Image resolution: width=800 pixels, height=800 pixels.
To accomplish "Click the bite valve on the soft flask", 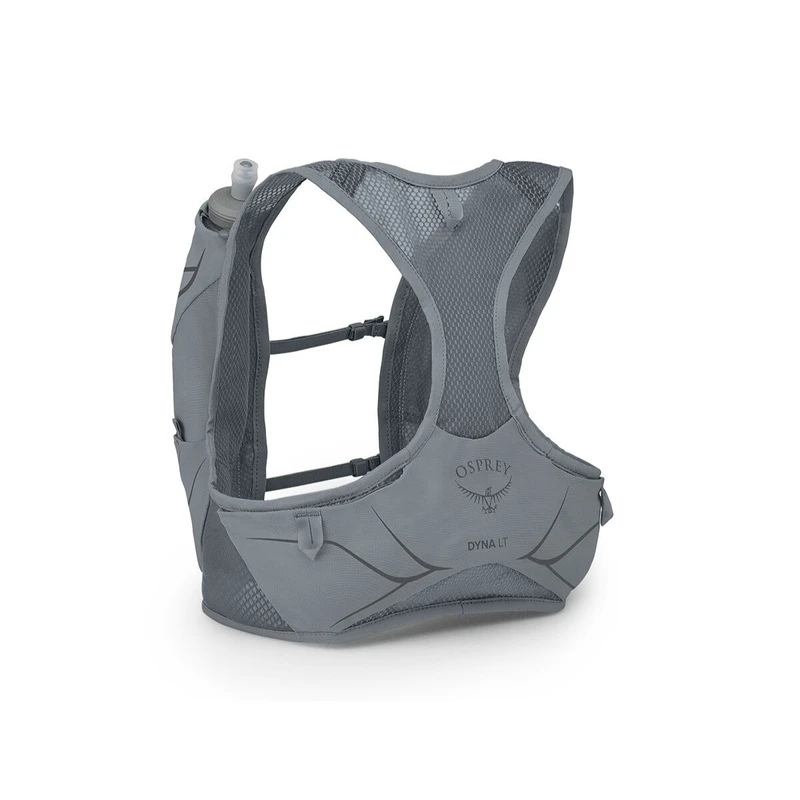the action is click(x=245, y=173).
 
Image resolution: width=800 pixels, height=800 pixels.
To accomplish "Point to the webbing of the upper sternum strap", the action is click(x=310, y=338).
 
